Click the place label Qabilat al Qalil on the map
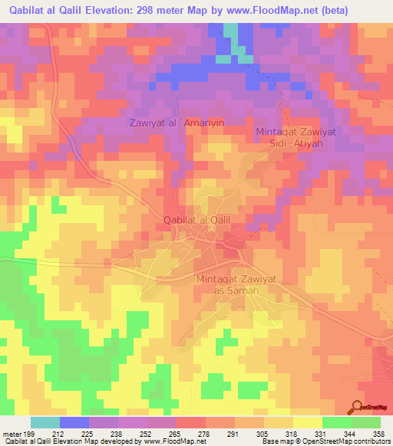pyautogui.click(x=197, y=220)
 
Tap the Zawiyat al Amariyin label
pyautogui.click(x=176, y=123)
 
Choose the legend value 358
pyautogui.click(x=379, y=433)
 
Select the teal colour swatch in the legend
pyautogui.click(x=45, y=422)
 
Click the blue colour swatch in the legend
pyautogui.click(x=74, y=422)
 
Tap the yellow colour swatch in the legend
pyautogui.click(x=307, y=422)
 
